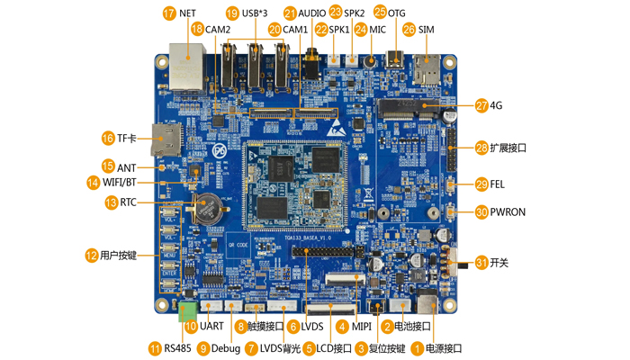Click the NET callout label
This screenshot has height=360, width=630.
[187, 13]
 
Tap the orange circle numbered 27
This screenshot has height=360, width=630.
[481, 105]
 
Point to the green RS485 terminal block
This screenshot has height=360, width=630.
[187, 311]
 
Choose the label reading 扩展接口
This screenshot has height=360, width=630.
[509, 148]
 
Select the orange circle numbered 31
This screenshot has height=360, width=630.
[481, 263]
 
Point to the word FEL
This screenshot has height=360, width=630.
[498, 184]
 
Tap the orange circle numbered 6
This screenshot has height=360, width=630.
[292, 326]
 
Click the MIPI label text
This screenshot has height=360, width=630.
[362, 326]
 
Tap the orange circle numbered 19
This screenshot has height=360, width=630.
[232, 13]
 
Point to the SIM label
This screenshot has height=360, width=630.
[427, 30]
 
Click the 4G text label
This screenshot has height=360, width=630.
[496, 105]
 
